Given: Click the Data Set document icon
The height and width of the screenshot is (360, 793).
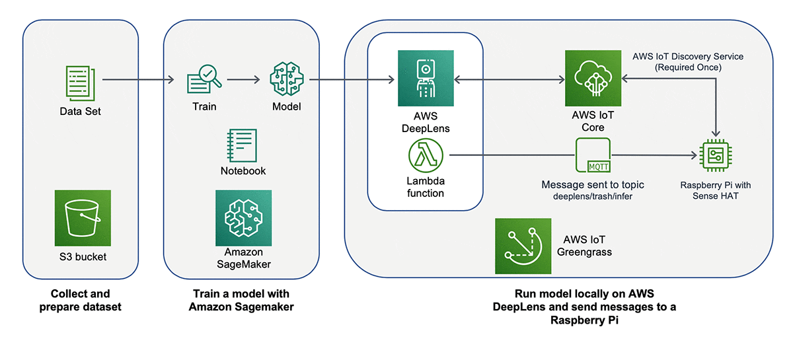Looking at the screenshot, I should pyautogui.click(x=80, y=83).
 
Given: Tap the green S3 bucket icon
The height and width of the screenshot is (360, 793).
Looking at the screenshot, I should pyautogui.click(x=83, y=218).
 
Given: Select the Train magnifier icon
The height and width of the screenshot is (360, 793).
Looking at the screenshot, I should pyautogui.click(x=204, y=81).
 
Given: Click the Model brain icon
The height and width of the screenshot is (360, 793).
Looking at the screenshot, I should pyautogui.click(x=286, y=80).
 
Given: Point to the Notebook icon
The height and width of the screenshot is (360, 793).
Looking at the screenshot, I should pyautogui.click(x=242, y=144).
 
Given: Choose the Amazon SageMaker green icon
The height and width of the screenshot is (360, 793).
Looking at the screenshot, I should pyautogui.click(x=243, y=218).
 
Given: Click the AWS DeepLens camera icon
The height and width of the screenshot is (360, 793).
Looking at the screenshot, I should pyautogui.click(x=426, y=78).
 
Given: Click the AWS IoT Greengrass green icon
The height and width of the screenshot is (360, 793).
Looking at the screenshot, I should pyautogui.click(x=523, y=246).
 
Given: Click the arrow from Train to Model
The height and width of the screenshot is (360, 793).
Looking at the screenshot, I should pyautogui.click(x=245, y=81).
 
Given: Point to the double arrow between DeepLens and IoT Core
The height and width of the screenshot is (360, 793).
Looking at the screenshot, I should pyautogui.click(x=509, y=80).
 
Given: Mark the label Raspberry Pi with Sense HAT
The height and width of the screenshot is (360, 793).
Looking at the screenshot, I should pyautogui.click(x=716, y=190).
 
